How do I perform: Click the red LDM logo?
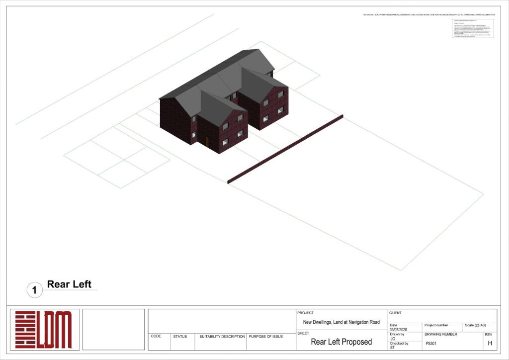43,330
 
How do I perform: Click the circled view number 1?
34,290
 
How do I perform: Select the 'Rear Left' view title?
69,284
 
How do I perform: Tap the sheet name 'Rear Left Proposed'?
341,342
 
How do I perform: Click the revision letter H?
490,343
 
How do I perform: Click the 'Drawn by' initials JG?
393,339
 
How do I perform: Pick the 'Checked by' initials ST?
392,348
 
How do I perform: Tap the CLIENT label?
396,313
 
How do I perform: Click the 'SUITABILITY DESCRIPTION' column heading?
222,337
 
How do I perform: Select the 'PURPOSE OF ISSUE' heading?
266,337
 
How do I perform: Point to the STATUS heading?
180,337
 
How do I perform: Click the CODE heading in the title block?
156,336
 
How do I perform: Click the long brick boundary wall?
285,149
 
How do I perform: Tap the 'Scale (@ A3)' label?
475,325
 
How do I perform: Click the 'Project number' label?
436,325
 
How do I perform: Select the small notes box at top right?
473,28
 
